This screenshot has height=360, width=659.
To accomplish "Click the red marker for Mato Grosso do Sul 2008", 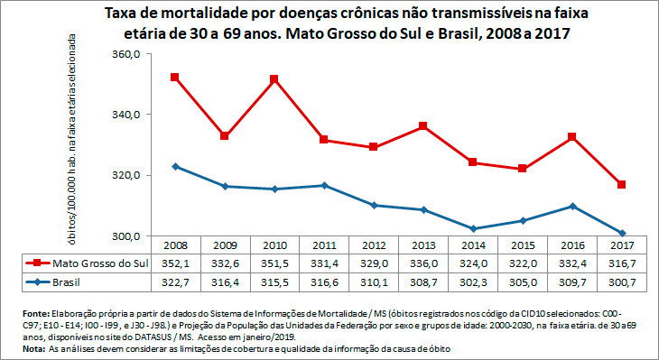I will click(x=174, y=78).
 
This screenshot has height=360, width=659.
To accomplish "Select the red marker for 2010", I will click(x=274, y=79).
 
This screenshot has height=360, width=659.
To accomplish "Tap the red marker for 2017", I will click(x=622, y=185).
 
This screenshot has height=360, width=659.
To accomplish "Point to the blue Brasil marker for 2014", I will click(x=473, y=228).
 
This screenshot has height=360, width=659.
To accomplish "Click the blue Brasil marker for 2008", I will click(x=174, y=167).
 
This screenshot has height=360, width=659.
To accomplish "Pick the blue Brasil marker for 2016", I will click(x=572, y=206).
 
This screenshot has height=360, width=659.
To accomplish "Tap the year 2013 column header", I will click(x=422, y=245).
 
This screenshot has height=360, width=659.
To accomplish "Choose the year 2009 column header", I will click(x=224, y=245).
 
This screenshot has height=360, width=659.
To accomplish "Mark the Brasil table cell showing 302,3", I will click(x=473, y=282).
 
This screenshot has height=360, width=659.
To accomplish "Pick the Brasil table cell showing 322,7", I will click(x=174, y=282).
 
